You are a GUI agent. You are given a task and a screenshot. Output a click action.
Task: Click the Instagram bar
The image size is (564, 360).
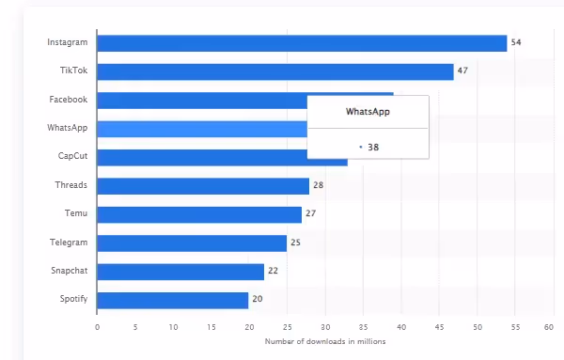point(301,43)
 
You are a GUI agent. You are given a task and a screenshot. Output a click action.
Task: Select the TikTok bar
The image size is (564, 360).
point(274,71)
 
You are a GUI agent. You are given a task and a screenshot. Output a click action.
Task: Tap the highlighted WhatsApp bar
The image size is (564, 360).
point(201,129)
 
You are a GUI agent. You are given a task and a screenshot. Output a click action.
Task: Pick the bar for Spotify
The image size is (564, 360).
point(172,301)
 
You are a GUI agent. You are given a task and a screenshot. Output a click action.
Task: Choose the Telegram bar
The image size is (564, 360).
point(192,243)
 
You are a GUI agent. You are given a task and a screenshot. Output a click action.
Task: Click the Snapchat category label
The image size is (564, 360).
point(69,272)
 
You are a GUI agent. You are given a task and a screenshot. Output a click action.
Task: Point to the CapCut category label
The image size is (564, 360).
point(71,157)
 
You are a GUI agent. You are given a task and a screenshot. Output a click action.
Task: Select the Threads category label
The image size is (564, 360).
point(70,185)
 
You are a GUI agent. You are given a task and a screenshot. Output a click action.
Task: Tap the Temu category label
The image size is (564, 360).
point(76,214)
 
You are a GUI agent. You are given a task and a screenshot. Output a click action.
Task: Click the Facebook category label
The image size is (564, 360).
point(68,100)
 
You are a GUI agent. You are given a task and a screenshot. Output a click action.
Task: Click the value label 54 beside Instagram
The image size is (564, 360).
point(516,43)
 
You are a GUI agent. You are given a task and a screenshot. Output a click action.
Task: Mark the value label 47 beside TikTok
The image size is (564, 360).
point(462,71)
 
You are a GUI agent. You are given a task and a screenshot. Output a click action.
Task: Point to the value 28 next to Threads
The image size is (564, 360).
point(318,186)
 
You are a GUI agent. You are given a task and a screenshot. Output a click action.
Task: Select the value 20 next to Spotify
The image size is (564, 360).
point(257,301)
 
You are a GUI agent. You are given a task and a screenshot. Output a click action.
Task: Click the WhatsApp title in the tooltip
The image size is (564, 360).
point(368,112)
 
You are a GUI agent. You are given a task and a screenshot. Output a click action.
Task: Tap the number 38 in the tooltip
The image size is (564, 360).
point(373,147)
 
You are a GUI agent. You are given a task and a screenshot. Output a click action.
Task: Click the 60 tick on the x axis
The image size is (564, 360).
point(549,327)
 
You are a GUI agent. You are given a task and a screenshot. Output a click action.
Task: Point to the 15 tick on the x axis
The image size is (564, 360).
point(211,327)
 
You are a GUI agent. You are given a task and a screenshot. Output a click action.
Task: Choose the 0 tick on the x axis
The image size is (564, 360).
point(98,327)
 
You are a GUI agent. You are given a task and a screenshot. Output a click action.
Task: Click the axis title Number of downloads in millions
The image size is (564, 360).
point(324,341)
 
